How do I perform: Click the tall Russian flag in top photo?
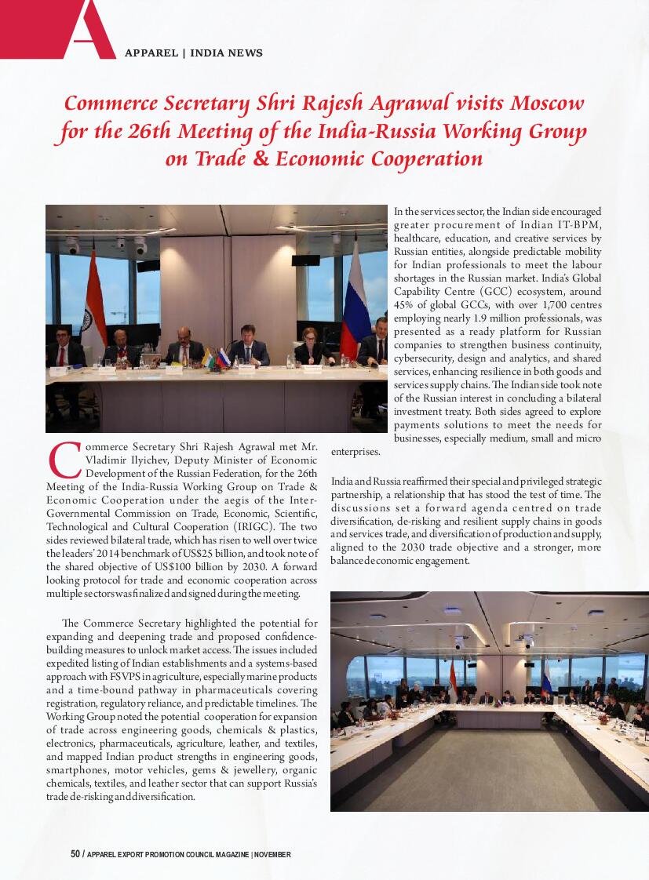355,298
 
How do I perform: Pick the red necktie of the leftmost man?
60,357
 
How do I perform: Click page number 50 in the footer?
75,854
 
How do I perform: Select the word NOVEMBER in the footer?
273,854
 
